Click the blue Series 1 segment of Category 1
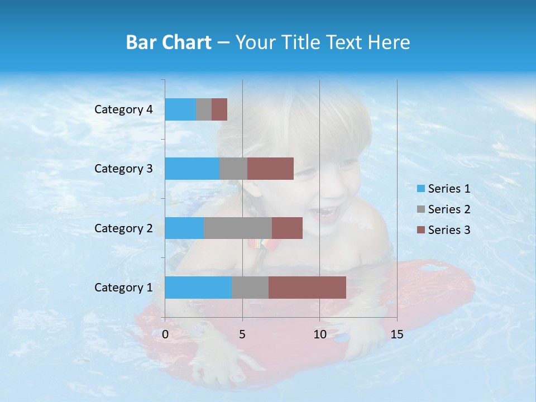pos(198,288)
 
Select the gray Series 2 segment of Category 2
pos(238,228)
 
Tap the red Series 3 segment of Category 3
pos(270,169)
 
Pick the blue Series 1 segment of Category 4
pos(180,109)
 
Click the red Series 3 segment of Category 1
pos(307,288)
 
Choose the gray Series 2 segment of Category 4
pos(204,109)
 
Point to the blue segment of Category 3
pos(192,169)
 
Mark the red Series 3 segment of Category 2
pos(287,228)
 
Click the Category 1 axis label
pos(123,288)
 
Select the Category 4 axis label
pos(123,109)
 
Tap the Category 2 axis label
pos(123,228)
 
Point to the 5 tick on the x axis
pos(242,334)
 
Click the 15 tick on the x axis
pos(396,334)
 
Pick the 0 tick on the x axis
pos(165,334)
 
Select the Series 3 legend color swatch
pos(420,230)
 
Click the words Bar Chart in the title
pos(169,42)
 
